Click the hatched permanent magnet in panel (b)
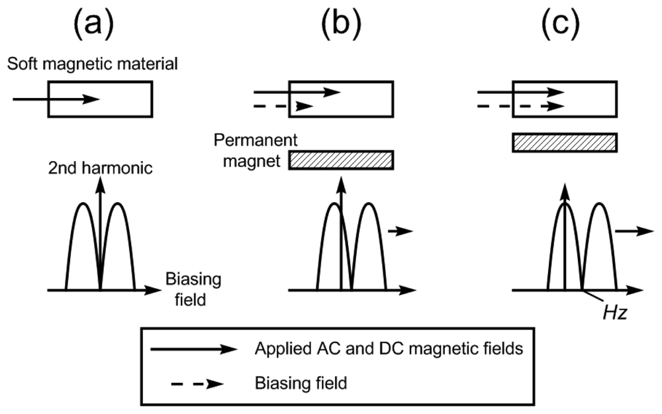(341, 160)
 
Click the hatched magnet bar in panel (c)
(565, 142)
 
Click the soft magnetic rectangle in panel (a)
(126, 99)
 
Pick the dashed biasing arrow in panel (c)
(520, 105)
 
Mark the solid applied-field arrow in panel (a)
(56, 99)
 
